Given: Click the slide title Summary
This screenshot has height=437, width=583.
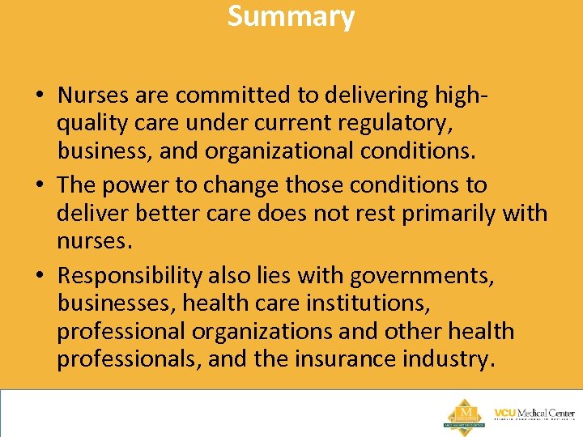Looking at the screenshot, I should tap(291, 16).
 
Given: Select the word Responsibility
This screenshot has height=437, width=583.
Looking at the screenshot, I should tap(130, 276).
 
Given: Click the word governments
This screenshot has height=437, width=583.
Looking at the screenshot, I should tap(422, 276).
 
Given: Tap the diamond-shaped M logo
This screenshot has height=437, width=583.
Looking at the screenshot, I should tap(463, 414).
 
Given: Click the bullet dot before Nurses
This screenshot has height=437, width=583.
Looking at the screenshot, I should tap(39, 96).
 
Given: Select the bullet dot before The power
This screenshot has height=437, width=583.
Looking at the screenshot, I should tap(39, 186).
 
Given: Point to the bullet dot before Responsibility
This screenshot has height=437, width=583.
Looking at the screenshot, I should tap(39, 277).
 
